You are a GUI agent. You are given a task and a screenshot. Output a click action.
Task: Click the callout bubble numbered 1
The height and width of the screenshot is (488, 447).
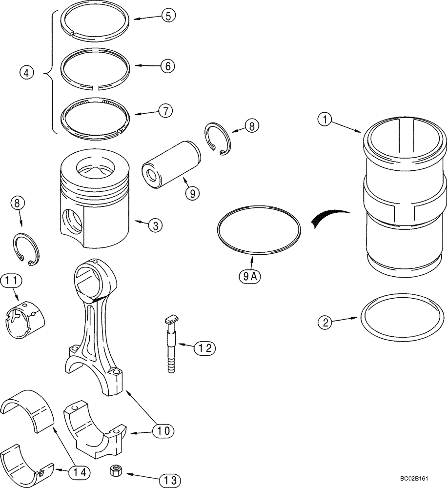(x=326, y=119)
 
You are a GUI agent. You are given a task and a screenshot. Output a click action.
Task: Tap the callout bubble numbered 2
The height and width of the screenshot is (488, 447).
(x=325, y=322)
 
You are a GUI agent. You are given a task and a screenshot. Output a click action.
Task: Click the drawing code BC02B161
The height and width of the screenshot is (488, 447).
(x=421, y=480)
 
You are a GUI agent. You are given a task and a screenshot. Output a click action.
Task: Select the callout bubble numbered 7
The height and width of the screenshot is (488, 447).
(x=165, y=111)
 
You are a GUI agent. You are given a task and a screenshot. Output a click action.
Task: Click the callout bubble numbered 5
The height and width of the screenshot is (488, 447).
(x=167, y=16)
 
